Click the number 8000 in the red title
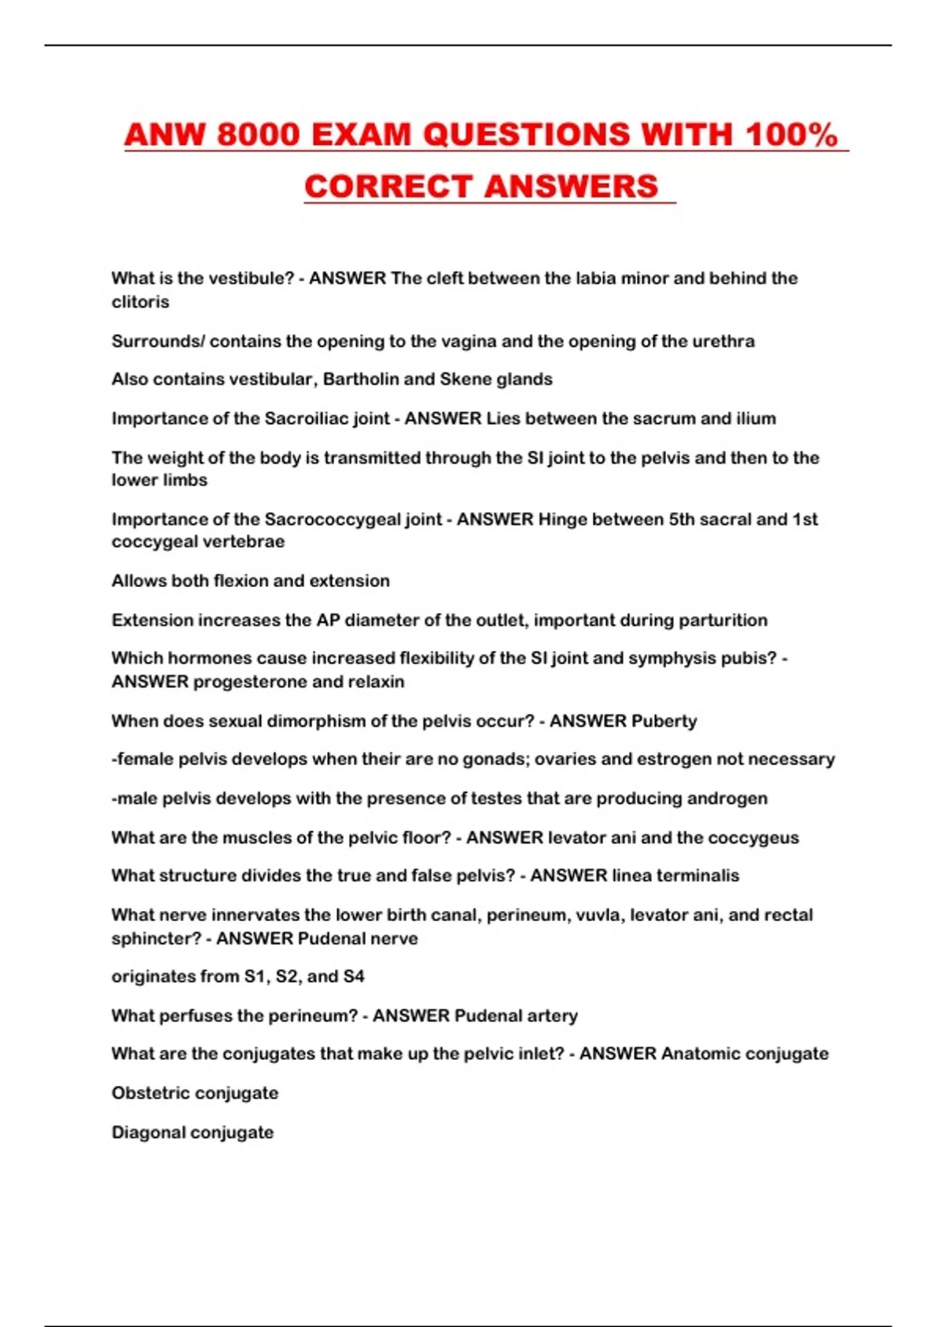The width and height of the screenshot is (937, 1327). pos(258,135)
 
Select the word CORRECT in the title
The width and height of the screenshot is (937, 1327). pos(387,187)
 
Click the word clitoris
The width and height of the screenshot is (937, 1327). pos(141,302)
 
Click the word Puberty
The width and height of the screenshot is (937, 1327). pos(664,721)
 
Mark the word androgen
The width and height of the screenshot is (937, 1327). pos(732,799)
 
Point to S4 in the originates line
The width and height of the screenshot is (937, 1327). pos(354,977)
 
